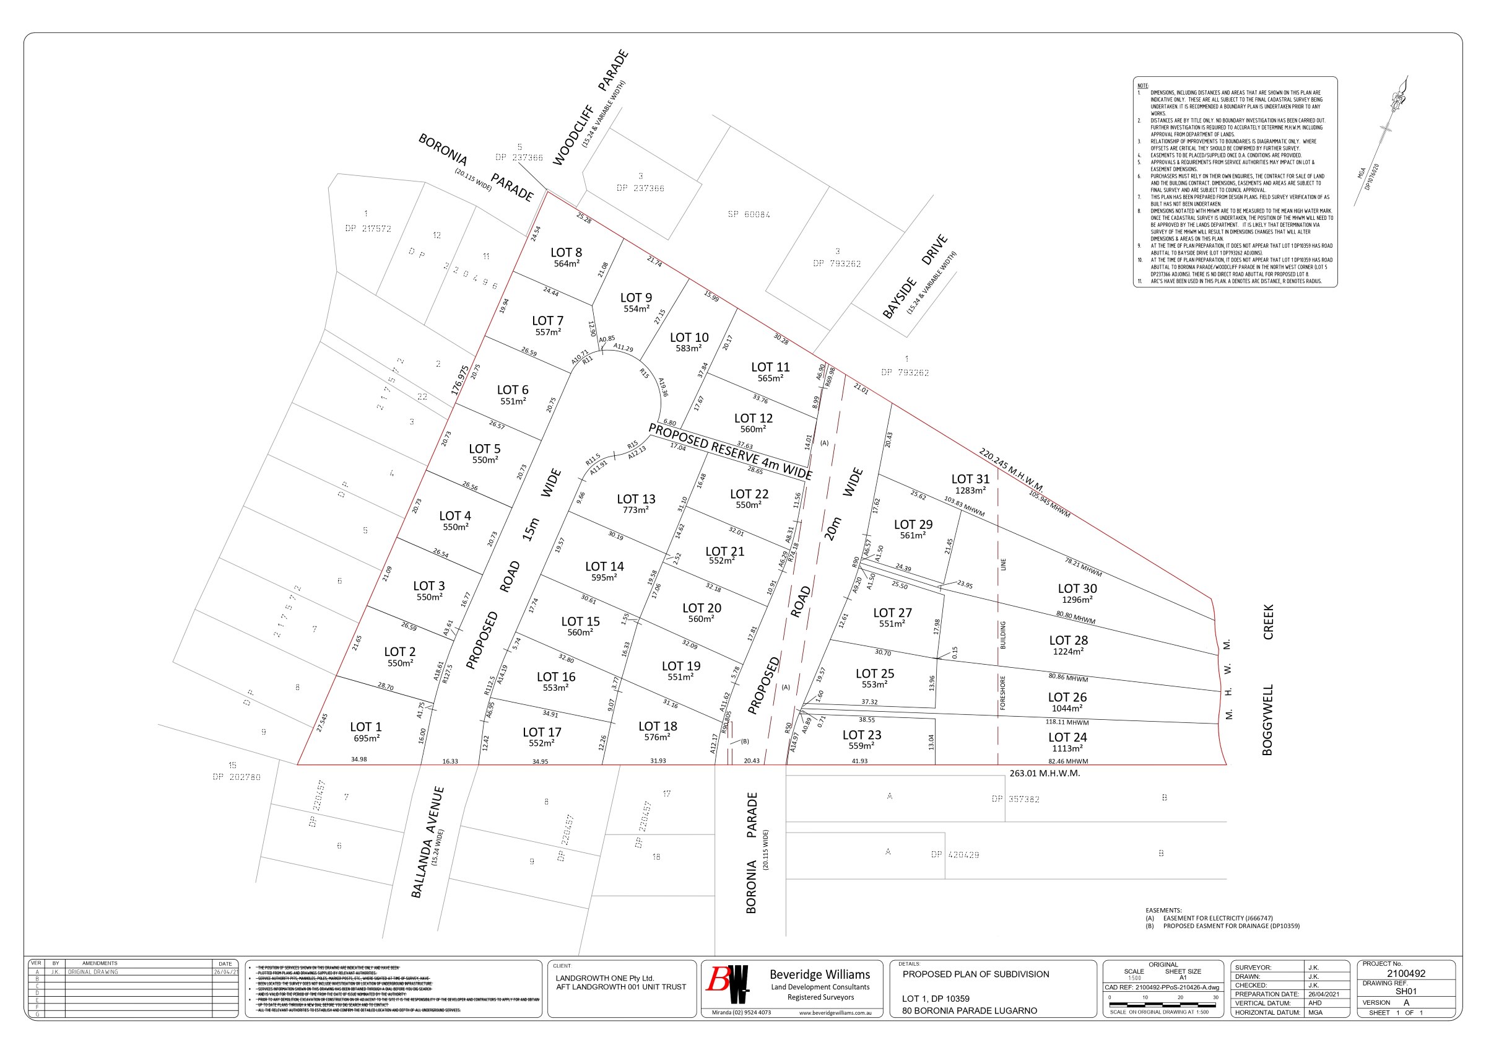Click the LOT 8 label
click(x=566, y=253)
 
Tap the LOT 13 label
click(x=635, y=499)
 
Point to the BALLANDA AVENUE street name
click(x=427, y=842)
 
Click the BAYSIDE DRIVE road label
click(x=915, y=276)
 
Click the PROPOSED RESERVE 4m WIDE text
click(x=730, y=450)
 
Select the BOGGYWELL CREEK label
click(x=1267, y=680)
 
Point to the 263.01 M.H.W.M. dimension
click(x=1045, y=773)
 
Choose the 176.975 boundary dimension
click(x=459, y=380)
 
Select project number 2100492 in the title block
click(x=1406, y=973)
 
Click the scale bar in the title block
click(x=1163, y=1004)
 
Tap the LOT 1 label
click(x=366, y=727)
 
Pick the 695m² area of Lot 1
click(x=366, y=738)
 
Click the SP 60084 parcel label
click(x=749, y=214)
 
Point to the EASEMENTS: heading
click(x=1163, y=910)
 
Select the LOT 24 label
click(x=1067, y=737)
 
